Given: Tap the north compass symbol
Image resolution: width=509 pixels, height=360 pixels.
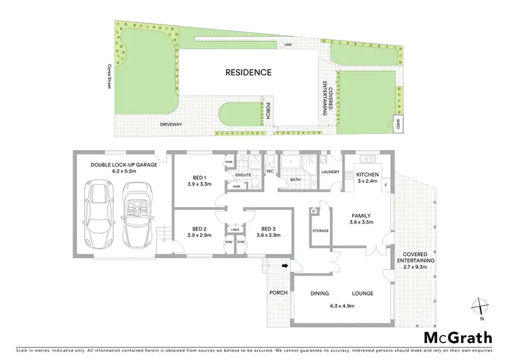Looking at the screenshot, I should [480, 307].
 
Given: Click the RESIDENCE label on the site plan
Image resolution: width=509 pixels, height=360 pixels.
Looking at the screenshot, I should [248, 72].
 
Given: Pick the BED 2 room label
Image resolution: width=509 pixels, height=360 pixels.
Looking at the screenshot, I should [199, 229].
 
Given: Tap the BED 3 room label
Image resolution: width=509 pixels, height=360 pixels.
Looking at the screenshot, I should [268, 229].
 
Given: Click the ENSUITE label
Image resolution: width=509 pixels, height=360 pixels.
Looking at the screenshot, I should [244, 175].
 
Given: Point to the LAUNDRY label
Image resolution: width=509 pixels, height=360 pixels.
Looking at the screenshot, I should [330, 172].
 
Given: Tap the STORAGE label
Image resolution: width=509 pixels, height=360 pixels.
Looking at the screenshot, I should [321, 230].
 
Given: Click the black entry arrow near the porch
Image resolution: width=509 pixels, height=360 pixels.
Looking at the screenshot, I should [286, 266].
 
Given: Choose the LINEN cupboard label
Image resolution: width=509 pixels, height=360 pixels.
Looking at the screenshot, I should [234, 229].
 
